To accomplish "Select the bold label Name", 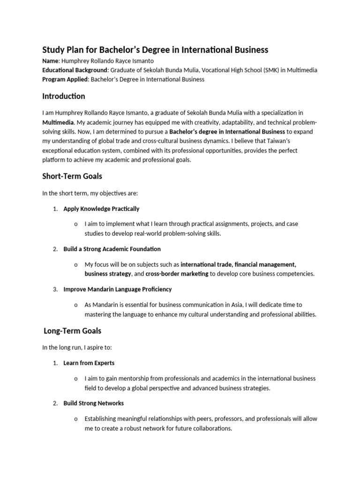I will coord(50,61).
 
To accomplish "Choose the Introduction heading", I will coord(64,97).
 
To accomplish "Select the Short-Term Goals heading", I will coord(72,176).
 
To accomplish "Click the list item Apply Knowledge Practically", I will coord(101,209).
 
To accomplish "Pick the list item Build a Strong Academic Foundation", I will coord(112,249).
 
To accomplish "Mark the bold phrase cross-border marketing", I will coord(177,274).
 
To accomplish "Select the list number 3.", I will coord(55,289).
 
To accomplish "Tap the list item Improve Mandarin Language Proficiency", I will coord(118,289).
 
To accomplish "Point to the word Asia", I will coord(264,305).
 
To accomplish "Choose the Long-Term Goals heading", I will coord(72,331).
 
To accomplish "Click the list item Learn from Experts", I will coord(89,363).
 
